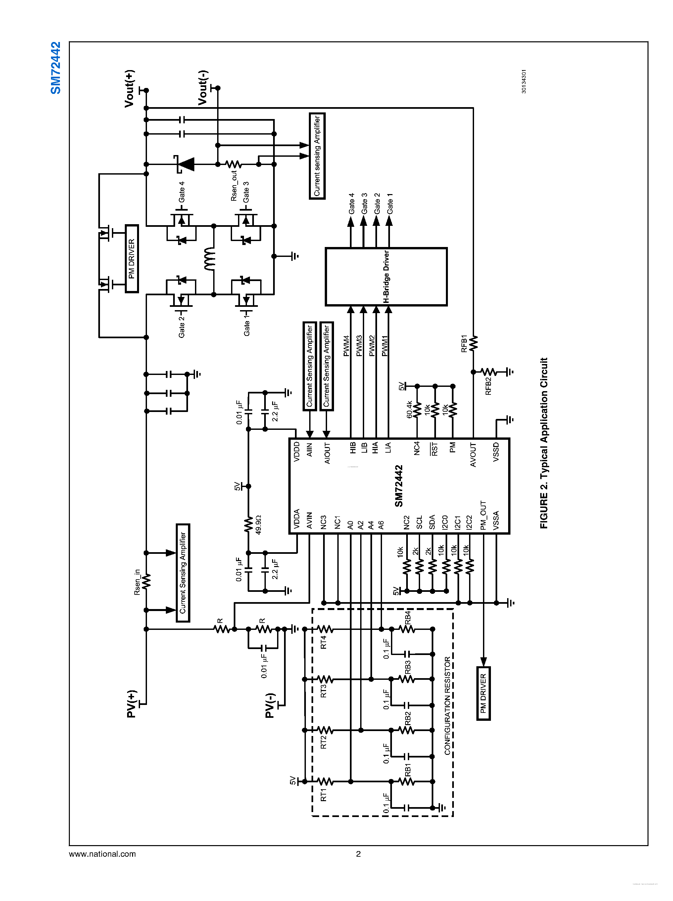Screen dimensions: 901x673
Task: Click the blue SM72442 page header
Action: coord(55,68)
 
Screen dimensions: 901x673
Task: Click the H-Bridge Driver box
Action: coord(386,276)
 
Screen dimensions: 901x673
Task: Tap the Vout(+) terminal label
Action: coord(129,88)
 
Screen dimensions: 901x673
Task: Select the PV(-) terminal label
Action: coord(270,705)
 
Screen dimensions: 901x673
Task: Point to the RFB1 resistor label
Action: coord(464,344)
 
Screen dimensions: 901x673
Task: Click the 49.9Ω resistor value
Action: coord(258,525)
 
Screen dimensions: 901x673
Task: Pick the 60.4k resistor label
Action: coord(409,409)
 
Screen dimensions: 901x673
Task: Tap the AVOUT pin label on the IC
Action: coord(473,455)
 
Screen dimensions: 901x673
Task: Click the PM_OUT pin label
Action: coord(483,515)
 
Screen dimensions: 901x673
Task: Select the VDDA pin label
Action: coord(297,518)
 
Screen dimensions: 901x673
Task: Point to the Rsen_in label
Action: coord(137,582)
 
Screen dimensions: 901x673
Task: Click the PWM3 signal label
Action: coord(359,346)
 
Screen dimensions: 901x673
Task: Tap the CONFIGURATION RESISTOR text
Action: coord(447,706)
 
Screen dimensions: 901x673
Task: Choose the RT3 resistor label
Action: coord(323,691)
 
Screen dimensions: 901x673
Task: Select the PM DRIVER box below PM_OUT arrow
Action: coord(483,693)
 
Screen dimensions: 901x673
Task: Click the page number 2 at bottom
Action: coord(358,853)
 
